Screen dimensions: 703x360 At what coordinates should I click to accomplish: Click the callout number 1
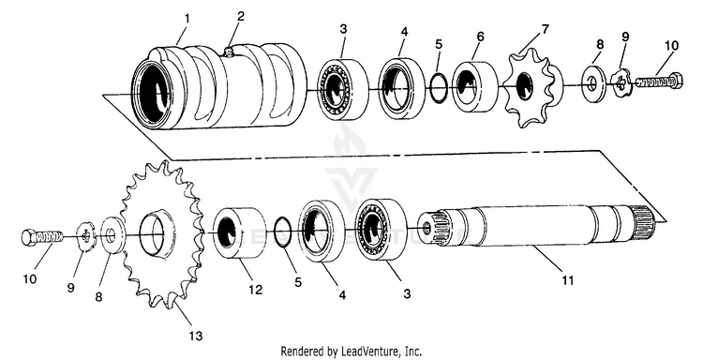tap(187, 19)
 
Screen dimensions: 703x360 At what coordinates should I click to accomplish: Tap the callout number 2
tap(241, 17)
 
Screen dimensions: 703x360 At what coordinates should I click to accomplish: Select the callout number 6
tap(480, 37)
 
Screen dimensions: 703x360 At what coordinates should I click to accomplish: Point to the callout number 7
tap(545, 30)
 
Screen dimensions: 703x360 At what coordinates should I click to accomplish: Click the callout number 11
tap(568, 280)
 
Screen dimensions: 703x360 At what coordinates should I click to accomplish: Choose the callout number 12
tap(256, 290)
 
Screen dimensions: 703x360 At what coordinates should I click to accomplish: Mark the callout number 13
tap(196, 336)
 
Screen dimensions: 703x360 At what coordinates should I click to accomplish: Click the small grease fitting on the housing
tap(228, 52)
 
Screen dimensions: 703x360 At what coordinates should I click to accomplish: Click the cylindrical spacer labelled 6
tap(475, 86)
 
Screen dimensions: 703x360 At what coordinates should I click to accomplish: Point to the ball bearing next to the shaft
tap(381, 230)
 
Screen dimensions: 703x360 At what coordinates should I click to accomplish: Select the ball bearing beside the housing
tap(343, 89)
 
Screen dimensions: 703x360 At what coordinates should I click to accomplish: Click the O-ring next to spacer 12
tap(282, 232)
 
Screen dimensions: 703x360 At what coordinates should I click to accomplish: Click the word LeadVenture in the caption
tap(369, 351)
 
